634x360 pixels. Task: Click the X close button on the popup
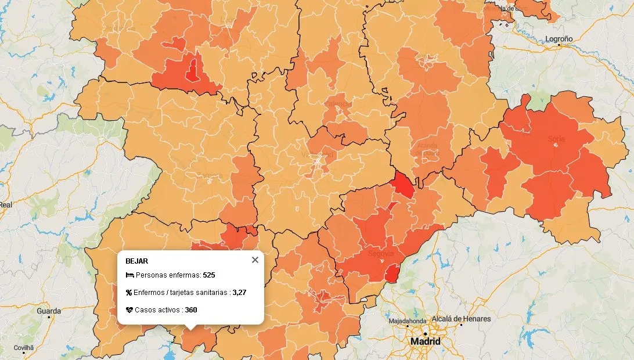coord(255,260)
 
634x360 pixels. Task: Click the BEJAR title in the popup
coord(136,261)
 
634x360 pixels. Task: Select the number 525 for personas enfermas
coord(209,275)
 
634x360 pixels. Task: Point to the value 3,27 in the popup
coord(239,293)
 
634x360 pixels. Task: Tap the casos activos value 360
coord(191,310)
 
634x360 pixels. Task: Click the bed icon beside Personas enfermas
coord(129,275)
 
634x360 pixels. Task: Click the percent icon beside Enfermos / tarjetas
coord(129,293)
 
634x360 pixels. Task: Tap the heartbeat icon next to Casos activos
coord(129,310)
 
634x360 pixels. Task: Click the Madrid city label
coord(425,341)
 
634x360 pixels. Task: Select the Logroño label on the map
coord(559,39)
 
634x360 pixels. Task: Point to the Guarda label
coord(48,311)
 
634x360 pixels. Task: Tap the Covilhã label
coord(24,347)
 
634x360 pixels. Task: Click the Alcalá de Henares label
coord(462,319)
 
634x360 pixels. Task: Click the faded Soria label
coord(556,139)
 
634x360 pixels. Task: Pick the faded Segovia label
coord(381,254)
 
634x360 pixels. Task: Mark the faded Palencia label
coord(338,104)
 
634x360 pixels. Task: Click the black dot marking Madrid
coord(425,333)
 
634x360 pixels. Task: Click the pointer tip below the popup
coord(190,329)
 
